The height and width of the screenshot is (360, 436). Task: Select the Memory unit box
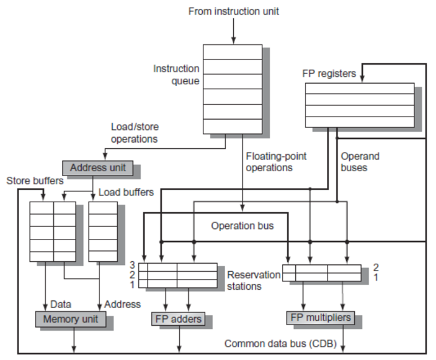[70, 318]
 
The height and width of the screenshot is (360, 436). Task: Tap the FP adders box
[178, 319]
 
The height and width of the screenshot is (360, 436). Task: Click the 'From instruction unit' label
[233, 11]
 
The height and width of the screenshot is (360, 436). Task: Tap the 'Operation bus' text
[242, 226]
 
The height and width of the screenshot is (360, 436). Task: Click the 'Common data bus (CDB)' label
[280, 344]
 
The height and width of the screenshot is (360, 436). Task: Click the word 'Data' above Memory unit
[60, 304]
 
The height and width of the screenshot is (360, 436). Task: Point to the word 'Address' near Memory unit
[123, 304]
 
